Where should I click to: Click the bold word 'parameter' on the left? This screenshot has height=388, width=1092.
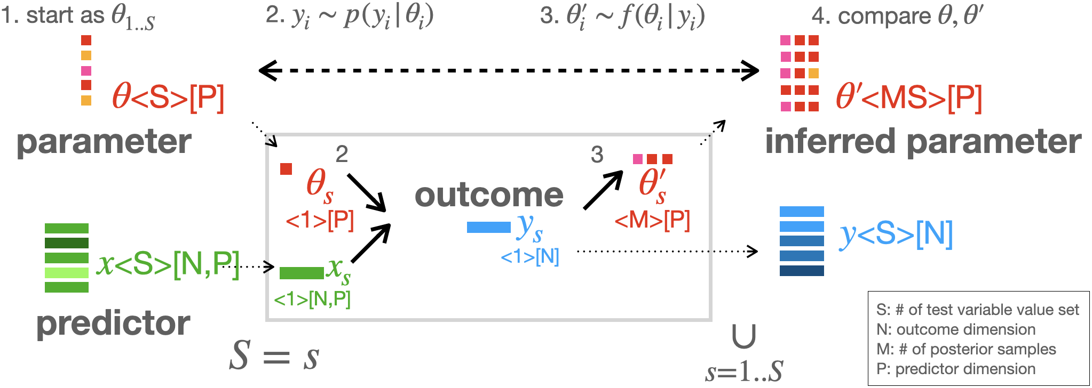coord(104,142)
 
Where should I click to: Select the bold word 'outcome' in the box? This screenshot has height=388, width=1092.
coord(489,195)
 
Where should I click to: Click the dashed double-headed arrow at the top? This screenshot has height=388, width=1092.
coord(509,70)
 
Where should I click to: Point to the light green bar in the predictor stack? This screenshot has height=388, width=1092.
coord(67,273)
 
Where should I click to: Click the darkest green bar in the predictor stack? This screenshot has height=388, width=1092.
coord(67,243)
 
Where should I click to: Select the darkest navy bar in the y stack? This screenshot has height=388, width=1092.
coord(802,271)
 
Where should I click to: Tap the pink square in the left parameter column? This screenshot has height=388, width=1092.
coord(86,70)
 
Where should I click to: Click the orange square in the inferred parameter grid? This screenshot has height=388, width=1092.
coord(813,73)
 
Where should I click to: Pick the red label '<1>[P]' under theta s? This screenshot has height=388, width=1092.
coord(320,220)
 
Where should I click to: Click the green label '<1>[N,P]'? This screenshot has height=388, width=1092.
coord(312,299)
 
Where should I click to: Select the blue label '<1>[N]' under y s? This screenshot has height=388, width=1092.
coord(530,257)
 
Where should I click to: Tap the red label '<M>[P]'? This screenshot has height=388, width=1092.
coord(652,220)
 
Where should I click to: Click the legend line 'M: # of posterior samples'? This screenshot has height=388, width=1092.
coord(966,349)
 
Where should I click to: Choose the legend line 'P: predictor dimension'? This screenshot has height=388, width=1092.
coord(955,369)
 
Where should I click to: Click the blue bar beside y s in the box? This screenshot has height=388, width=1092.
coord(488,228)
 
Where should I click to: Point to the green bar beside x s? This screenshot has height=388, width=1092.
coord(302,273)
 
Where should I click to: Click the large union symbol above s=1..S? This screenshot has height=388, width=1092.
coord(744,336)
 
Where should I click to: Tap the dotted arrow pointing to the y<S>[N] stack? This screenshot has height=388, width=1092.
coord(667,251)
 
